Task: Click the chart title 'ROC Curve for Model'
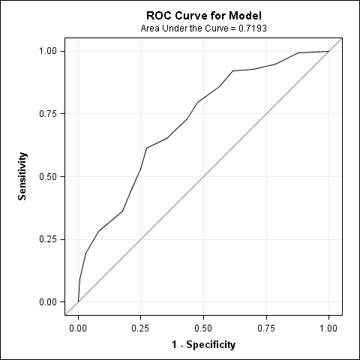204,15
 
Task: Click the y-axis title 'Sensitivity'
23,176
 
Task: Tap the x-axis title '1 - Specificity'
204,345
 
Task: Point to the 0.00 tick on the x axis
78,328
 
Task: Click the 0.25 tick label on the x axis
141,328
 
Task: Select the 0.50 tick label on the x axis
203,328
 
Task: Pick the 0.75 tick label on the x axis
266,328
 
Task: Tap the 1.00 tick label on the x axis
328,328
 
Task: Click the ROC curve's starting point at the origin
78,301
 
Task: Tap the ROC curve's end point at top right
328,51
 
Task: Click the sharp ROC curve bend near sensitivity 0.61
146,148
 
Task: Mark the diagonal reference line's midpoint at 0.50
203,176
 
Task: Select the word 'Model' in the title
245,15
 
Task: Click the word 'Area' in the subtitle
151,28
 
